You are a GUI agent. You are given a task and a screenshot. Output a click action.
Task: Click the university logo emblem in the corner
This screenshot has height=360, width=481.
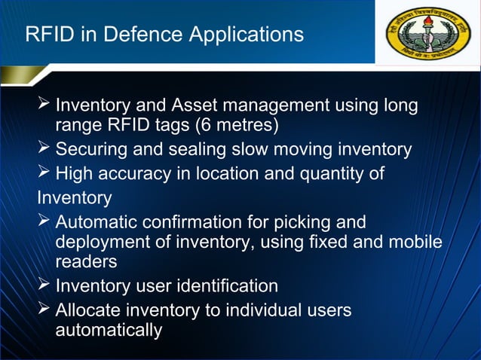tap(427, 35)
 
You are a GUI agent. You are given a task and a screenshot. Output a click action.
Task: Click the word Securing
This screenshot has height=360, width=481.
tap(90, 149)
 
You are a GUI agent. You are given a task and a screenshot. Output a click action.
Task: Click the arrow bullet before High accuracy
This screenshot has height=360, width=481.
tap(44, 173)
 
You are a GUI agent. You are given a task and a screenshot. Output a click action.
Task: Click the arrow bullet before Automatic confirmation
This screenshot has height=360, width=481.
tap(44, 221)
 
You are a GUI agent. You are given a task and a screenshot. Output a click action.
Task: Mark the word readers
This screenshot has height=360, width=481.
tap(86, 261)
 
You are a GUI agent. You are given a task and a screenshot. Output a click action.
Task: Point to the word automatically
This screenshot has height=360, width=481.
tap(109, 330)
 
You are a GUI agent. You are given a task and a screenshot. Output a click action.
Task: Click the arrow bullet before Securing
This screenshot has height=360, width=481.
tap(44, 148)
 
